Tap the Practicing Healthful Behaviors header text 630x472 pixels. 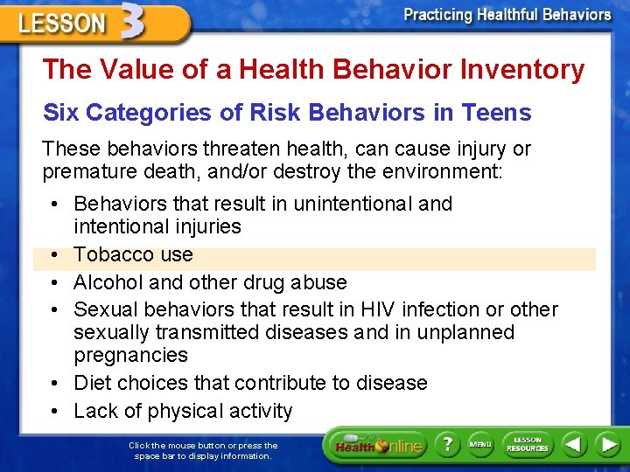pos(507,15)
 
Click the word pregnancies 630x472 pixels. pos(130,355)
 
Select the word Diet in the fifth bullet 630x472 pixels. pos(93,383)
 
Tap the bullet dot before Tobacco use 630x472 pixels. pos(54,255)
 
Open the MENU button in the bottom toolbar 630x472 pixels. pos(479,445)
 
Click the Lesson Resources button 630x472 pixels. pos(527,445)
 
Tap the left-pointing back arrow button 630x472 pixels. pos(574,445)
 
